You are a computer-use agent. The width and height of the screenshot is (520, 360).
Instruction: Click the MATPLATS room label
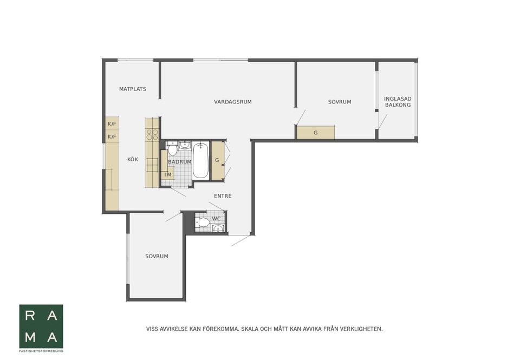pyautogui.click(x=133, y=89)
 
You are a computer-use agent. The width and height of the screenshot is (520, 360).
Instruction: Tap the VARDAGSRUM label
pyautogui.click(x=233, y=102)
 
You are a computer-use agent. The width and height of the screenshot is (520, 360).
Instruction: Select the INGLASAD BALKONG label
pyautogui.click(x=398, y=102)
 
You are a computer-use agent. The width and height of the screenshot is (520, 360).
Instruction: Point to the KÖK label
pyautogui.click(x=133, y=160)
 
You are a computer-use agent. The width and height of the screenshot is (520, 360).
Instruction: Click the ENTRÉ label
pyautogui.click(x=223, y=196)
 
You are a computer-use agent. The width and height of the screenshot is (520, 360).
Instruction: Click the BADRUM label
pyautogui.click(x=180, y=162)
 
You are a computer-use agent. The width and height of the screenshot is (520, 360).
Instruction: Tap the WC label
pyautogui.click(x=216, y=219)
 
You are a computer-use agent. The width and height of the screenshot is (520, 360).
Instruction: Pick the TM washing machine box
pyautogui.click(x=167, y=175)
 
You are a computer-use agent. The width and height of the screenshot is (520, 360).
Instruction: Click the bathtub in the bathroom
pyautogui.click(x=200, y=160)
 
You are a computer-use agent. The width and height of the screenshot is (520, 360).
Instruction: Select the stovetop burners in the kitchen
pyautogui.click(x=153, y=134)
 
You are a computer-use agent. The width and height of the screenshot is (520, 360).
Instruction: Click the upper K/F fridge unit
pyautogui.click(x=112, y=123)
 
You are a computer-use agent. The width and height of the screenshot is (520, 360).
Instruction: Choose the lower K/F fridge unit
pyautogui.click(x=112, y=136)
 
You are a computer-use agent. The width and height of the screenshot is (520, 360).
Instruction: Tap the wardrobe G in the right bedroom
pyautogui.click(x=315, y=133)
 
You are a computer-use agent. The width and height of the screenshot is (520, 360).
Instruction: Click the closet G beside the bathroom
pyautogui.click(x=217, y=160)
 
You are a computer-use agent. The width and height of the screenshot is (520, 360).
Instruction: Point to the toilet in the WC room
pyautogui.click(x=203, y=222)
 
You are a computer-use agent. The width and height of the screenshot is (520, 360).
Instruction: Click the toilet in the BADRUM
pyautogui.click(x=172, y=149)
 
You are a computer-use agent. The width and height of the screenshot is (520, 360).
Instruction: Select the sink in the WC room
pyautogui.click(x=218, y=228)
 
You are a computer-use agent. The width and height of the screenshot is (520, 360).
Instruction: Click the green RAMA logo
pyautogui.click(x=41, y=326)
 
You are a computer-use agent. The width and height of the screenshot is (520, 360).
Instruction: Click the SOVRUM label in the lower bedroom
pyautogui.click(x=157, y=256)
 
